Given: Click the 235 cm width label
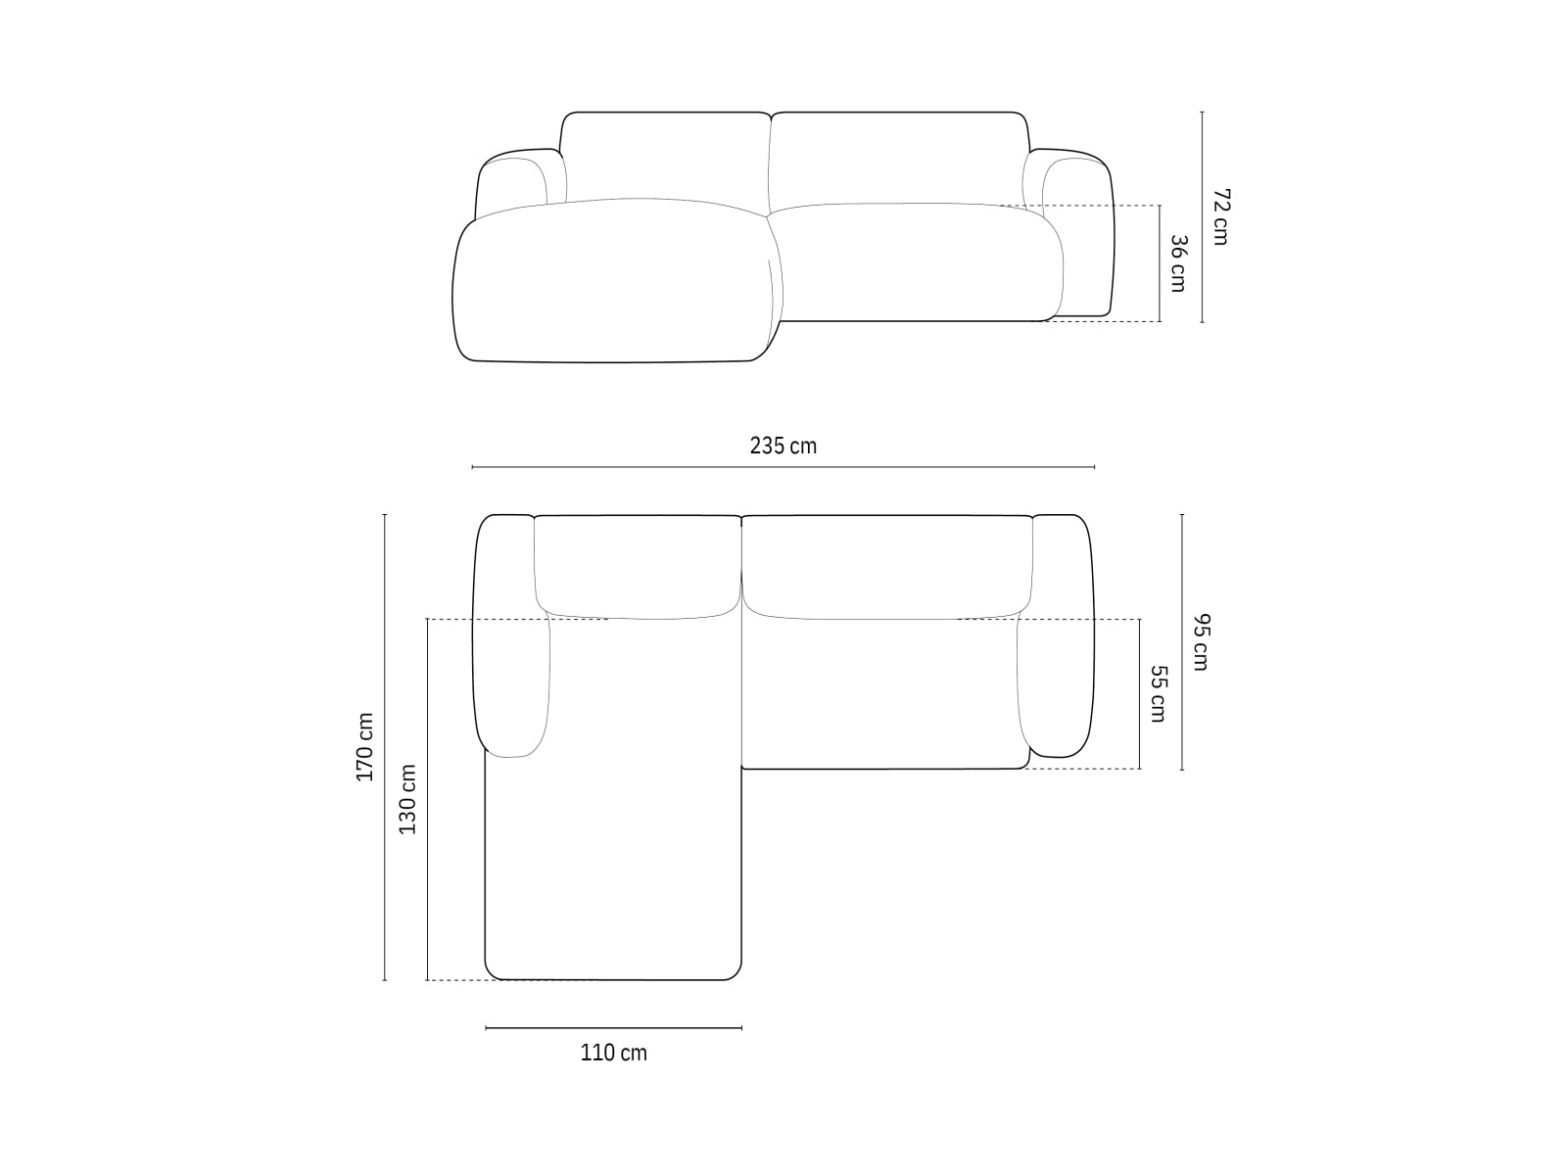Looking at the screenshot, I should click(x=783, y=446).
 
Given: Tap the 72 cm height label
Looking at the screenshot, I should click(x=1220, y=216).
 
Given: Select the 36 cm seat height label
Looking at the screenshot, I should click(x=1178, y=262).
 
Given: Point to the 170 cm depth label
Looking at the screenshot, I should click(x=364, y=746).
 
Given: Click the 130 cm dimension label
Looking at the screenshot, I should click(x=408, y=799).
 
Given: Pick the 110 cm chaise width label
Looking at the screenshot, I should click(x=613, y=1053).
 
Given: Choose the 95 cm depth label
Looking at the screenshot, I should click(x=1201, y=642).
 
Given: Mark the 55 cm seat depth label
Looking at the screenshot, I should click(x=1158, y=693).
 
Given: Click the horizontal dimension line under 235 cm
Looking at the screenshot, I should click(x=783, y=467).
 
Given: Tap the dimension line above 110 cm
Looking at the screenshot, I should click(x=613, y=1027).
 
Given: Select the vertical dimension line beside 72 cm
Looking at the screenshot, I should click(x=1202, y=216).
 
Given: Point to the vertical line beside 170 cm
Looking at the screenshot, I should click(x=384, y=746).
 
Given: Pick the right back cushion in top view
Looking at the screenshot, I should click(x=886, y=566).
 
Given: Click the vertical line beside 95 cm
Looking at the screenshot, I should click(x=1182, y=642).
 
